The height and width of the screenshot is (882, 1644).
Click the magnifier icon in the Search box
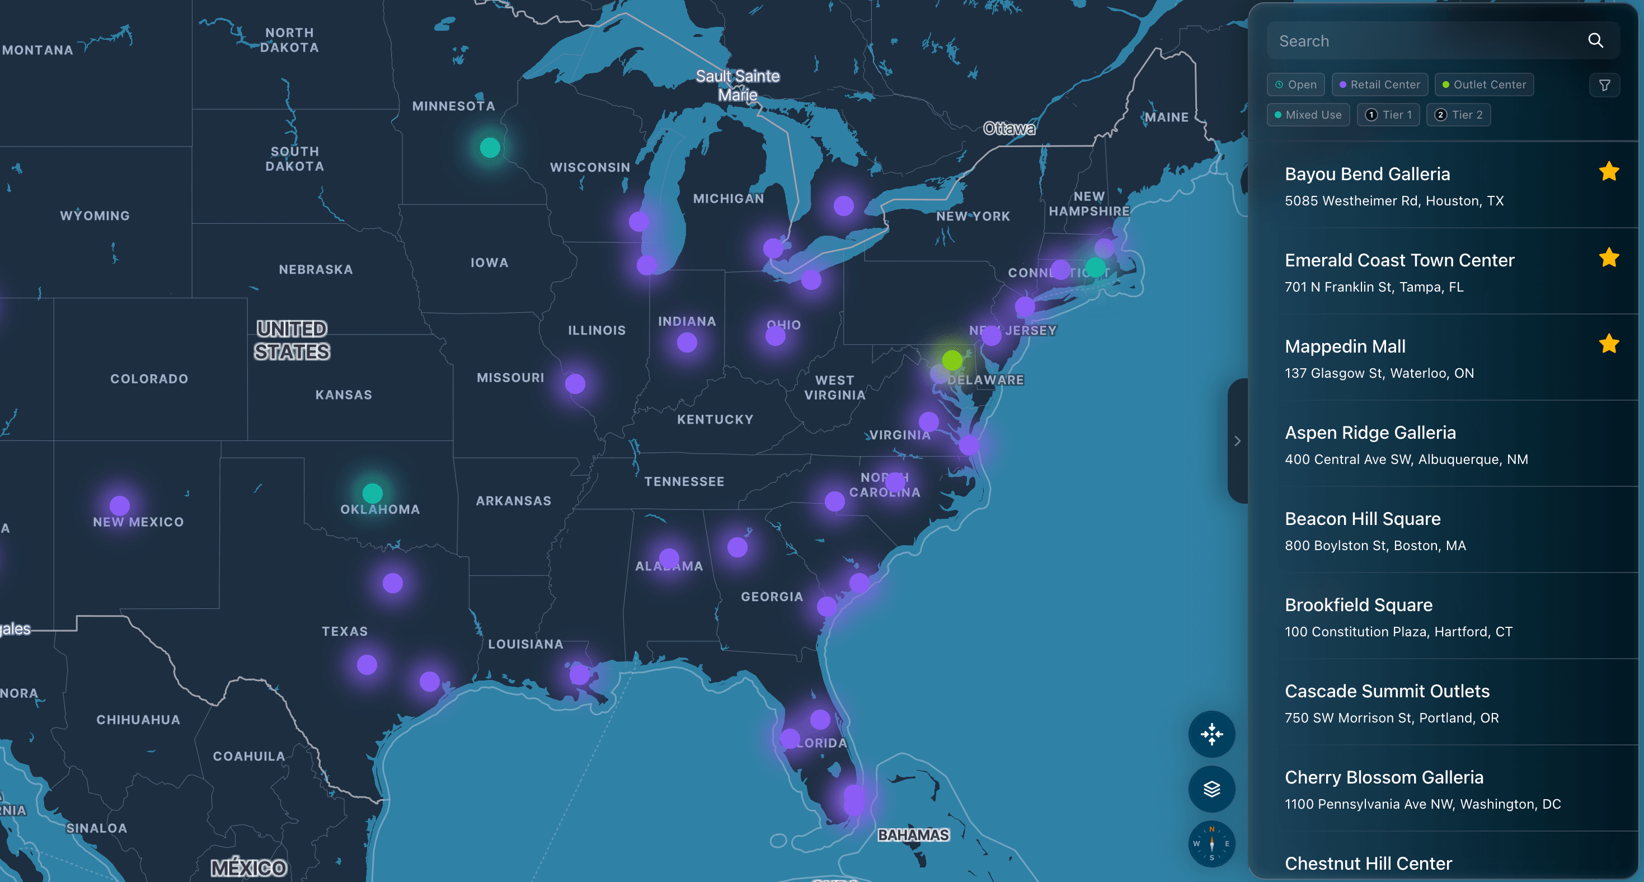(x=1595, y=41)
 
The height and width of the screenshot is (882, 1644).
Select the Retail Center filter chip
(x=1379, y=85)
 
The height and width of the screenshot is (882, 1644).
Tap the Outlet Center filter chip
(x=1484, y=85)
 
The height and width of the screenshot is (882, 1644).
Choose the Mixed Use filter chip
(x=1308, y=115)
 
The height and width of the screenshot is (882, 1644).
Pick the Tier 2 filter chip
(x=1458, y=115)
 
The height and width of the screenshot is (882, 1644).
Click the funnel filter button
(x=1604, y=86)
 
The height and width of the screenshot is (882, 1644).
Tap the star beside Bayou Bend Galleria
(x=1609, y=172)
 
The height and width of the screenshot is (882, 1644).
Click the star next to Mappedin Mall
(x=1609, y=344)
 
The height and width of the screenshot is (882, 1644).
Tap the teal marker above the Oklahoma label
(x=372, y=492)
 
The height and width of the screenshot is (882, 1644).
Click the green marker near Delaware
(x=952, y=360)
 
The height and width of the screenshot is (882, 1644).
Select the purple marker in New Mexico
(x=119, y=505)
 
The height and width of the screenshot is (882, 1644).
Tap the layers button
(x=1211, y=790)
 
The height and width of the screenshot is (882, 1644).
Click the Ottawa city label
(x=1009, y=129)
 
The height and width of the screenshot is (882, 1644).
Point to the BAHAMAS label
(x=913, y=835)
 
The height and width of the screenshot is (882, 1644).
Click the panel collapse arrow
(x=1237, y=441)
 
